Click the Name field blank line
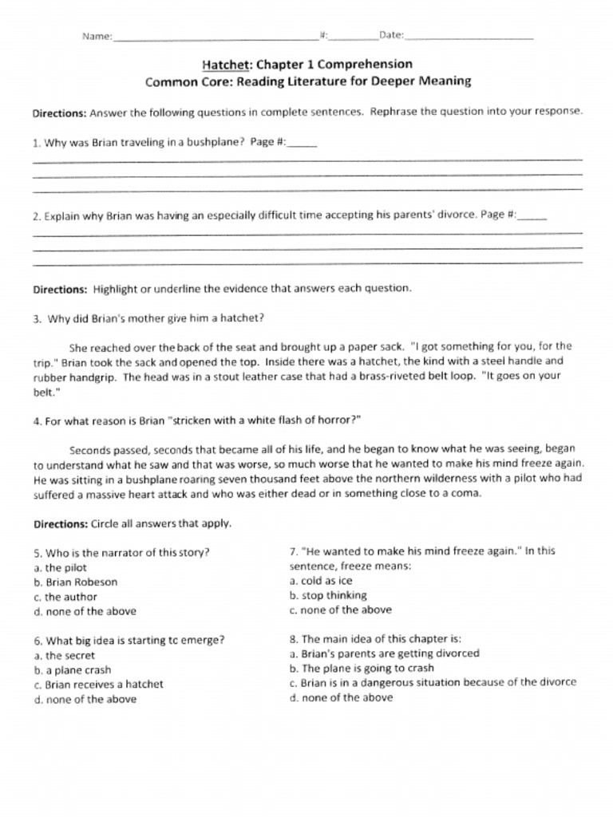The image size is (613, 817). coord(216,37)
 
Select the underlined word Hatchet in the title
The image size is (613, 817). coord(226,64)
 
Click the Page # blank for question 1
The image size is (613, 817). coord(301,145)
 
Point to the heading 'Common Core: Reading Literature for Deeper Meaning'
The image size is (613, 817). coord(307,81)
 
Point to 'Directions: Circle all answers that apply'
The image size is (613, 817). coord(132,524)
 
